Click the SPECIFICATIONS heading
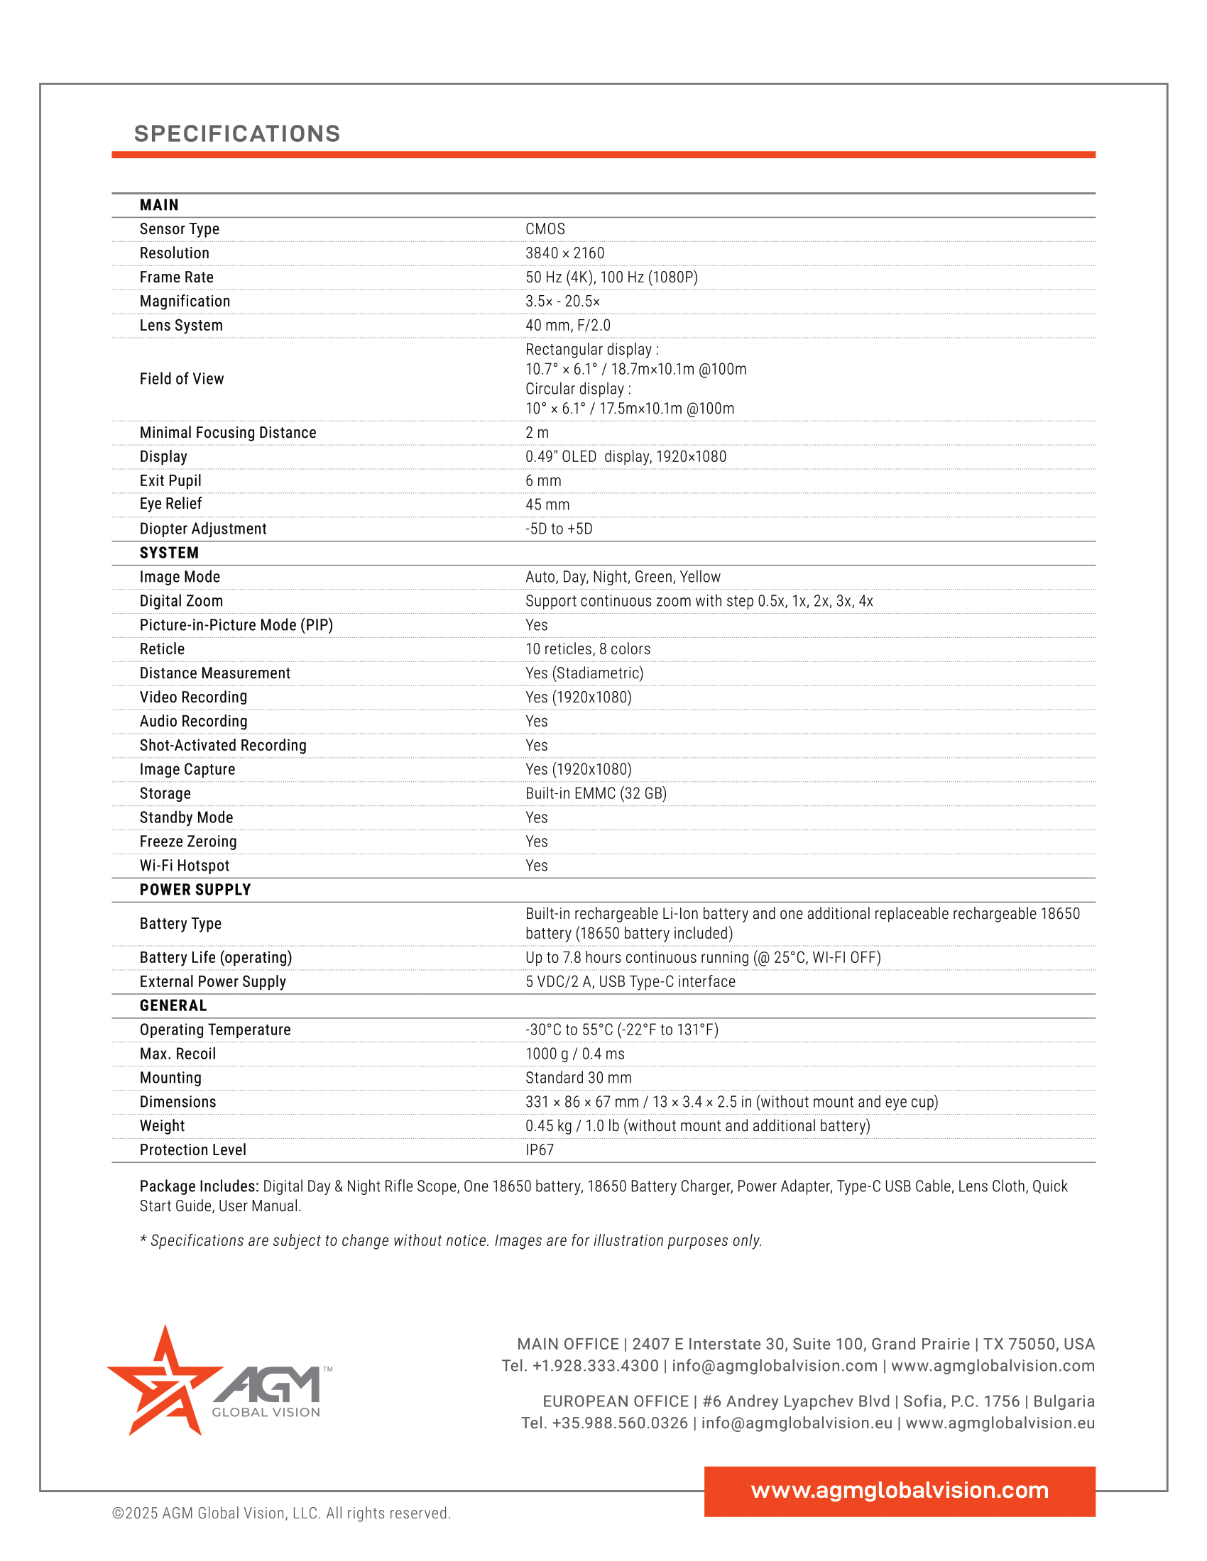(x=236, y=133)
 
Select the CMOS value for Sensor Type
(x=545, y=228)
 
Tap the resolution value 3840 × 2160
(x=564, y=253)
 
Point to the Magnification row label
(x=185, y=301)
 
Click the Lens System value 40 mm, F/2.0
(x=568, y=325)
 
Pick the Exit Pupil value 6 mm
(x=542, y=480)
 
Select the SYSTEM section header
(x=169, y=553)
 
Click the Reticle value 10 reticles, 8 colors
(x=588, y=649)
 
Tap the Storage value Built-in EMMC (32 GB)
(x=596, y=793)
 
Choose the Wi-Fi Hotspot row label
(x=185, y=866)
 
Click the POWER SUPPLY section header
(x=195, y=890)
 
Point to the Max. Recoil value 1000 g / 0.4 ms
(x=575, y=1054)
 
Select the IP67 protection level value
(x=539, y=1150)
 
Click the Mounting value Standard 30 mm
(x=579, y=1078)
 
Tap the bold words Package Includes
(x=199, y=1186)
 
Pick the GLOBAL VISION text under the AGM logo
(x=266, y=1412)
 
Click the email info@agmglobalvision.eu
(x=797, y=1423)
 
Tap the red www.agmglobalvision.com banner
(x=900, y=1490)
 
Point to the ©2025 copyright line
(x=281, y=1513)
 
